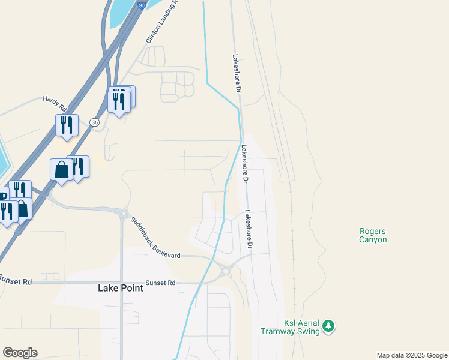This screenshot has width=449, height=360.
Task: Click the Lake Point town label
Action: coord(121,288)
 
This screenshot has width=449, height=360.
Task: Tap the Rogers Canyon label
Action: coord(373,235)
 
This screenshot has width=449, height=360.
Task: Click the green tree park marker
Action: coord(328,326)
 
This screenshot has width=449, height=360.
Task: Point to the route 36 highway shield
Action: coord(94,122)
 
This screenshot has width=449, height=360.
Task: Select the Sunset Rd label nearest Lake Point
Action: coord(163,283)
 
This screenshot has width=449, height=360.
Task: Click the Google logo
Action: coord(20,353)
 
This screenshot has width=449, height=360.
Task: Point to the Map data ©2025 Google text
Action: coord(412,355)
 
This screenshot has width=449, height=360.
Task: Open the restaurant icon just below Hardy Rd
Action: coord(67,125)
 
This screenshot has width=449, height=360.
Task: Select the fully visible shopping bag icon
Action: coord(61,170)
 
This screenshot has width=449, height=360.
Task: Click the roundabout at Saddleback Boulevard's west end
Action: coord(124,214)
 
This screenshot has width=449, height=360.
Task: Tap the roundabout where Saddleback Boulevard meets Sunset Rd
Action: coord(226,271)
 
